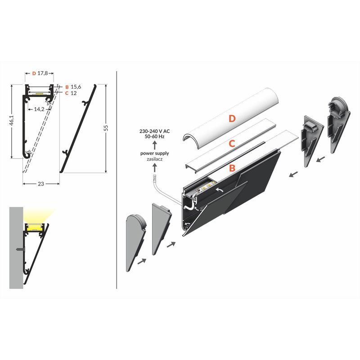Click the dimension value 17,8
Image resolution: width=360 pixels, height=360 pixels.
tap(43, 73)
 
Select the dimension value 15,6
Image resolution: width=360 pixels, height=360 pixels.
tap(76, 87)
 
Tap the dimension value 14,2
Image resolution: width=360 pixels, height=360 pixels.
tap(39, 109)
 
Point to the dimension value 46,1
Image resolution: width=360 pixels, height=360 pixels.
tap(12, 120)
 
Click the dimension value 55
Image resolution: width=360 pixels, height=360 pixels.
tap(106, 128)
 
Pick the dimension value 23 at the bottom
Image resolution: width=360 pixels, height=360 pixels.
tap(41, 184)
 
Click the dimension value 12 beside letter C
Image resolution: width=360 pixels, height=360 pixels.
tap(74, 93)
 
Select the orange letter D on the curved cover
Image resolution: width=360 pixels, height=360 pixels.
tap(232, 118)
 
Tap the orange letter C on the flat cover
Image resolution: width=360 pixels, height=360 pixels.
tap(232, 144)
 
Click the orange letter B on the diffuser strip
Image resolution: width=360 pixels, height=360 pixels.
tap(232, 168)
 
